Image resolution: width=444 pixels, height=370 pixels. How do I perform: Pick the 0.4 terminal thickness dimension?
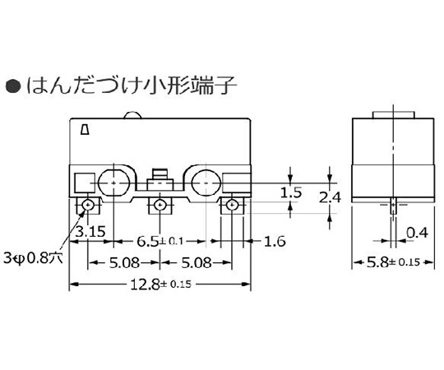pyautogui.click(x=416, y=234)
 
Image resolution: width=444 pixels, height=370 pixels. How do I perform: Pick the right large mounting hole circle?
pyautogui.click(x=202, y=183)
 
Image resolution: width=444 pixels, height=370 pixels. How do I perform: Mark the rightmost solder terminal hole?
pyautogui.click(x=233, y=204)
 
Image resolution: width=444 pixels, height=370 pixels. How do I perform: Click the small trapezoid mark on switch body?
pyautogui.click(x=86, y=128)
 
